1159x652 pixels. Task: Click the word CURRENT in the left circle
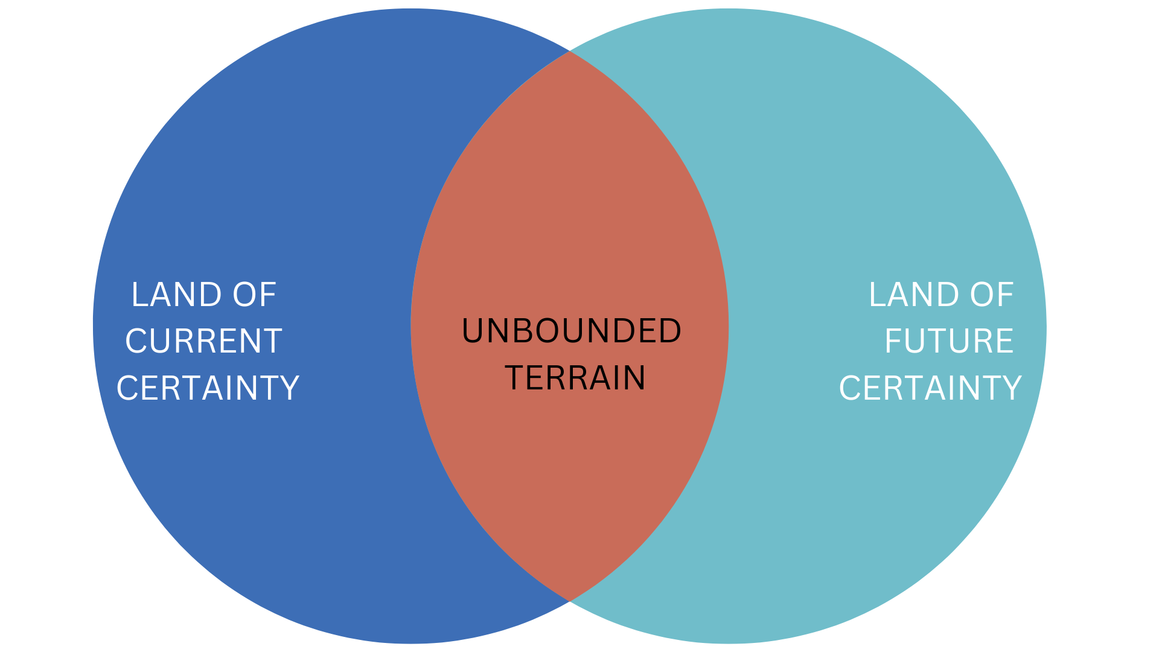coord(203,341)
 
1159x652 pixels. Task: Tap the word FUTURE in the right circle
coord(949,341)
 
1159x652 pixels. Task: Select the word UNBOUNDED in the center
coord(571,331)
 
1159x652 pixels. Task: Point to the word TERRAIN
coord(575,378)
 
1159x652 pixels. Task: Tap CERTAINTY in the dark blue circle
coord(208,388)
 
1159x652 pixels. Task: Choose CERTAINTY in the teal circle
coord(930,388)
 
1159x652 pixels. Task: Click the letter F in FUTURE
coord(894,341)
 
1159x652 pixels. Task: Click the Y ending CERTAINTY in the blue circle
coord(289,388)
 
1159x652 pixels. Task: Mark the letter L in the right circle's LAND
coord(876,295)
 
